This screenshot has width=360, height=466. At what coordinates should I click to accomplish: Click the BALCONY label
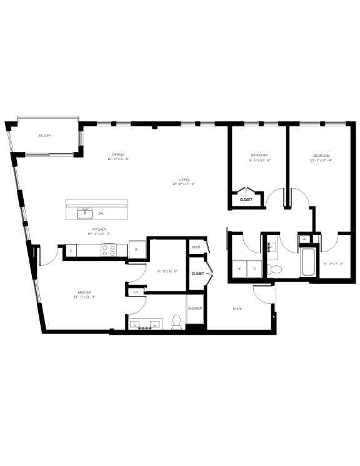pos(44,136)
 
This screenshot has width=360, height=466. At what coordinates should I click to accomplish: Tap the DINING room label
pos(117,154)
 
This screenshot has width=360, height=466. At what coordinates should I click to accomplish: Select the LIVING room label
pos(184,179)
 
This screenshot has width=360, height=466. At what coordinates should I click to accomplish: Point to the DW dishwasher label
pos(100,214)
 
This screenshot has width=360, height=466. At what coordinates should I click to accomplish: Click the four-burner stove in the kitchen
pos(109,250)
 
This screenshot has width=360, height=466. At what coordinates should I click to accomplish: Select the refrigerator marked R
pos(137,249)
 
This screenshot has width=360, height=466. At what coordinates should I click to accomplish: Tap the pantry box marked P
pos(71,251)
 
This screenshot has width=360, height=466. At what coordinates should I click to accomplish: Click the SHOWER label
pos(196,307)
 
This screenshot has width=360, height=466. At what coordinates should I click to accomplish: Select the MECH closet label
pos(196,247)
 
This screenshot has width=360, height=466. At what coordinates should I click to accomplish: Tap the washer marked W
pos(239,269)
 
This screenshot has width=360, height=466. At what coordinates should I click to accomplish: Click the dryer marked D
pos(254,269)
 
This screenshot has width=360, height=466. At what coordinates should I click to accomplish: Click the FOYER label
pos(237,309)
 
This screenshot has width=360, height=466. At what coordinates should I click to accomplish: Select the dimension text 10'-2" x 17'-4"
pos(322,160)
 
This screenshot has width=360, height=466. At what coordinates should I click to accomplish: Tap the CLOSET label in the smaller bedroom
pos(246,200)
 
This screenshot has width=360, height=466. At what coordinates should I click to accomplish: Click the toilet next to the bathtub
pos(274,270)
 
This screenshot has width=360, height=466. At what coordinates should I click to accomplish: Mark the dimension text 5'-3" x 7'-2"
pos(333,264)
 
